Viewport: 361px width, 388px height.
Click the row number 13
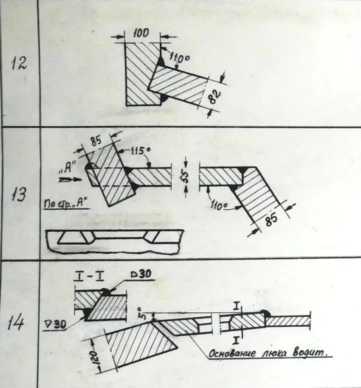tap(18, 194)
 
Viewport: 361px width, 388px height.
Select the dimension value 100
tap(141, 33)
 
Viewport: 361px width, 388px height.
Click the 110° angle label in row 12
tap(179, 59)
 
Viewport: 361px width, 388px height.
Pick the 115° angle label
tap(141, 151)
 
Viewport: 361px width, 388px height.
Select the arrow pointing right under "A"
tap(70, 179)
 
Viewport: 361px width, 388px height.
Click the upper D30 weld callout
tap(141, 275)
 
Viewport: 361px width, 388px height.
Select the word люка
tap(274, 354)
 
